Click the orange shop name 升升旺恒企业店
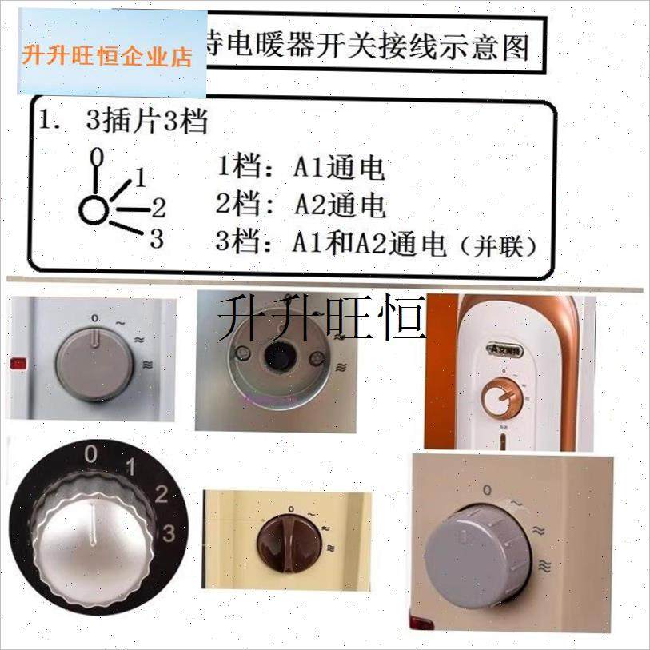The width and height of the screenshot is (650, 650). coord(108,57)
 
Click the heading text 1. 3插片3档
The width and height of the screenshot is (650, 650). coord(124,122)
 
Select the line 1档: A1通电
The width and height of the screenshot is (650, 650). coord(301,168)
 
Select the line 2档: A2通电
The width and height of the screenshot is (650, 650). coord(301,205)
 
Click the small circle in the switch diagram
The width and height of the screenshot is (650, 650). coord(93,211)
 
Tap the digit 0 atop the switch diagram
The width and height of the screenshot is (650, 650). coord(96,154)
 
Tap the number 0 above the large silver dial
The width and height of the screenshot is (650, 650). coord(91,455)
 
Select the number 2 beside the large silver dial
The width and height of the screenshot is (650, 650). coord(161,493)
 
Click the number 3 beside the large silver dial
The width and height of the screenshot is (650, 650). coord(169,531)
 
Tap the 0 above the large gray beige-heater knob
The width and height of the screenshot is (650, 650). coord(487,488)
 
